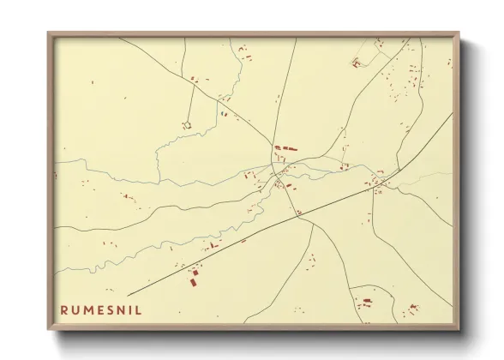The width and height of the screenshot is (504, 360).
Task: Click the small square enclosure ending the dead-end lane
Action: pyautogui.click(x=186, y=125)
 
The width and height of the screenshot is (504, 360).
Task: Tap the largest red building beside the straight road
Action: pyautogui.click(x=194, y=278)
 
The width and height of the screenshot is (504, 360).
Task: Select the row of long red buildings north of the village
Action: pyautogui.click(x=285, y=149)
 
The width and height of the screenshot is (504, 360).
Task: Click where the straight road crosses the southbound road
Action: pyautogui.click(x=297, y=215)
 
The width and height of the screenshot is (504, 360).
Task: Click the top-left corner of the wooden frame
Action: pyautogui.click(x=48, y=33)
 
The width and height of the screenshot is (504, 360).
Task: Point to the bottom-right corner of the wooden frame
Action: pyautogui.click(x=460, y=328)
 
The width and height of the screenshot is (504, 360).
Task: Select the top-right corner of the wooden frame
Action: pyautogui.click(x=460, y=33)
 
